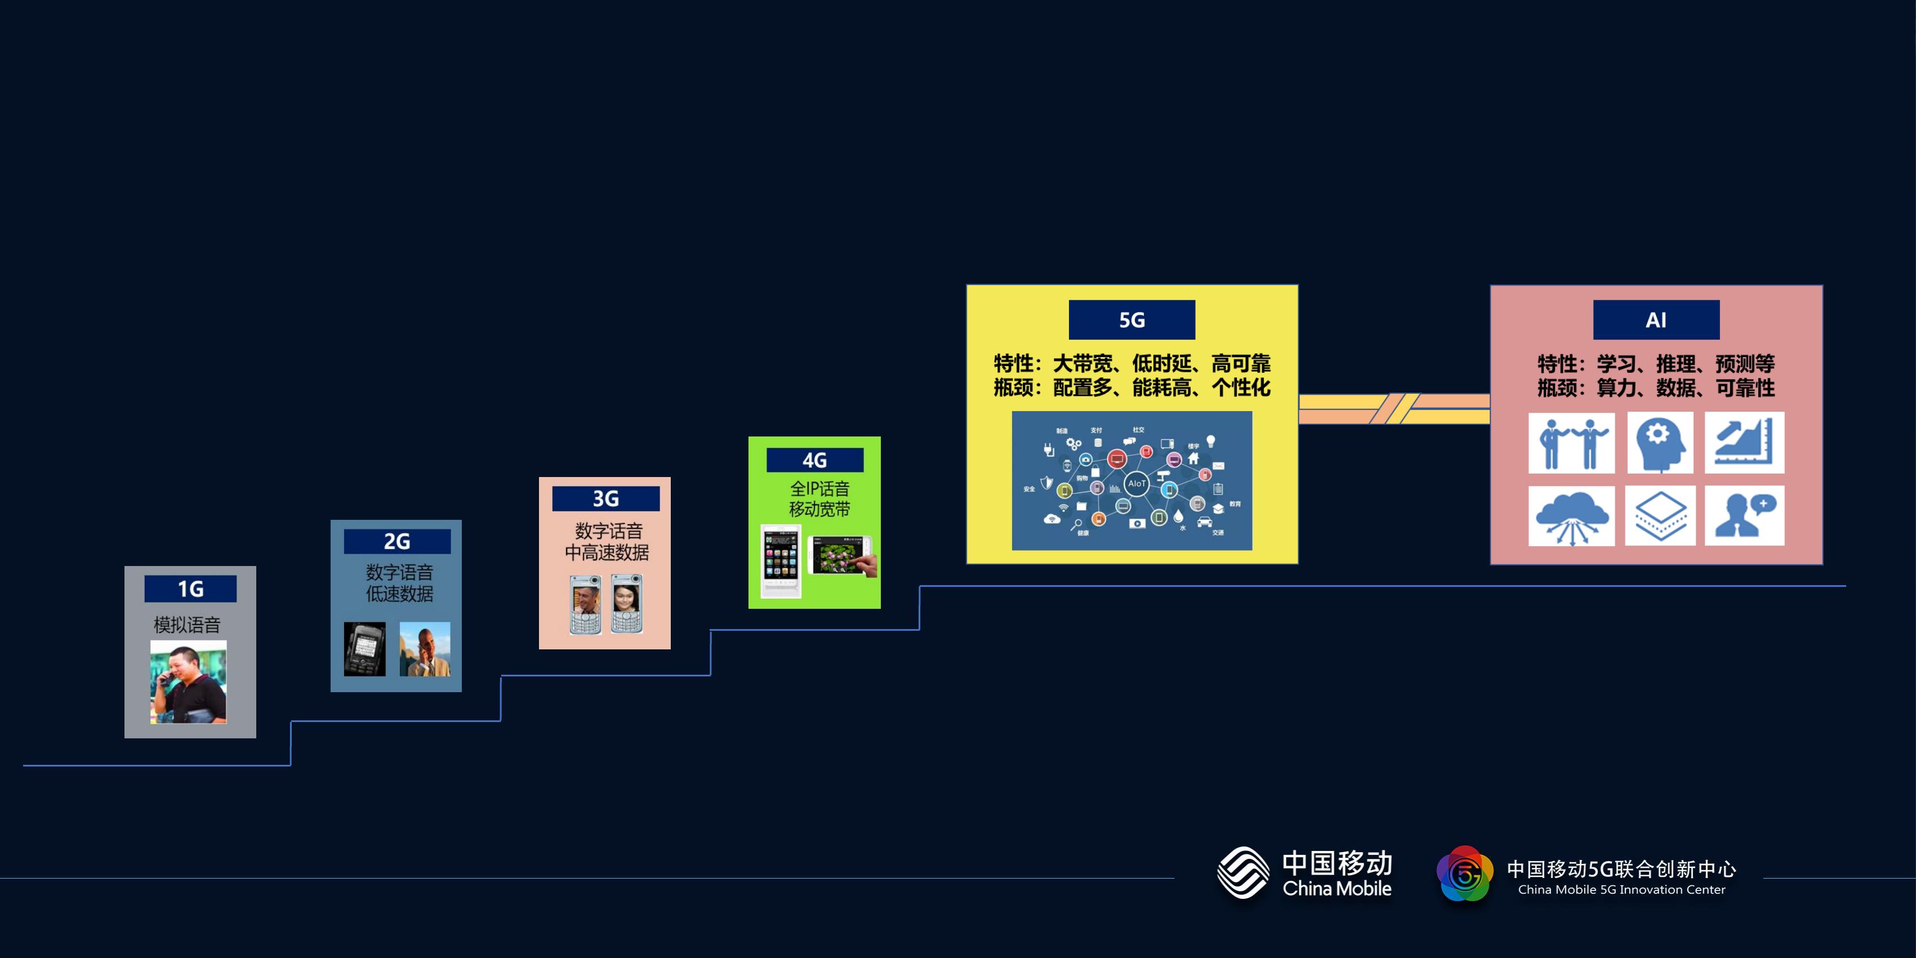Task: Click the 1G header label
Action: (190, 589)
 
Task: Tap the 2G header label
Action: (397, 541)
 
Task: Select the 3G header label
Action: (605, 498)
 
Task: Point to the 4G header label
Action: (814, 460)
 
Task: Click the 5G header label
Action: (1131, 320)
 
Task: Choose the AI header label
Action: (1656, 320)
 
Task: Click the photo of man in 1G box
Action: (188, 681)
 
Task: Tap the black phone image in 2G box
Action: (364, 649)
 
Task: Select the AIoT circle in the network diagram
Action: (1137, 483)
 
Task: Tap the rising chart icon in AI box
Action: (1744, 443)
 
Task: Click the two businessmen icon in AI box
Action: (1571, 443)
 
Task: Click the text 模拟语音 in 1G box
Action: (188, 625)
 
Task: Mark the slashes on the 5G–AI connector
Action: (1394, 408)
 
